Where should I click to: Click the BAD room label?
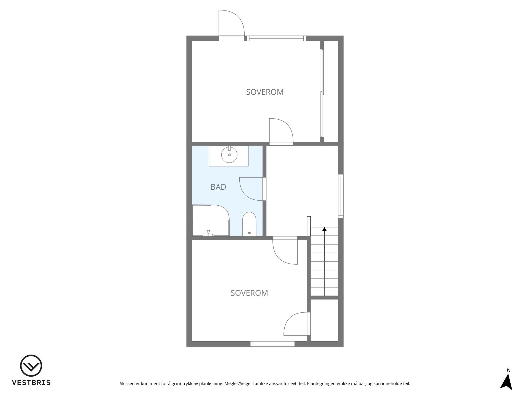pos(218,187)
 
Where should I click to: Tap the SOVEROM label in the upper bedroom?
pos(265,92)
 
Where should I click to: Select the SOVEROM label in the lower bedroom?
pos(249,293)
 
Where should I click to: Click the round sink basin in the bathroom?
pos(229,155)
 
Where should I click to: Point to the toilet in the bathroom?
pos(249,224)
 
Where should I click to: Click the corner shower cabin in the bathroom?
pos(211,220)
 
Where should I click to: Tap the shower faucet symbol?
pos(208,233)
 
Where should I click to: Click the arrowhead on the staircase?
pos(324,229)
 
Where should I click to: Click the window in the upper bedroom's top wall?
pos(276,38)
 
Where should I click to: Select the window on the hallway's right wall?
pos(341,196)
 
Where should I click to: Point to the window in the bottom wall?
pos(272,344)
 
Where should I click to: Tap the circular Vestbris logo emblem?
pos(31,366)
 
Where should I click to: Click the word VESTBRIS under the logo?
pos(31,383)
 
